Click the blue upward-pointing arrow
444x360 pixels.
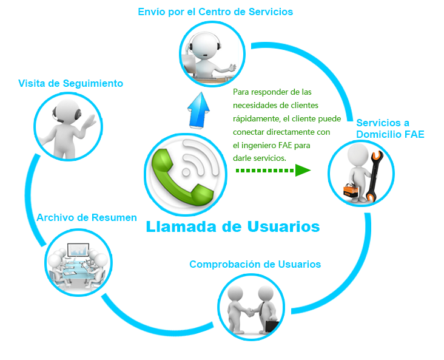[198, 110]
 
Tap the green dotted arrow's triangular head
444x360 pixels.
[303, 171]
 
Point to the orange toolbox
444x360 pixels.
[351, 190]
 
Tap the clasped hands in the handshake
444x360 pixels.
[249, 312]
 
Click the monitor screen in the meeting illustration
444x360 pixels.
[78, 250]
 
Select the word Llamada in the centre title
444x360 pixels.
[181, 226]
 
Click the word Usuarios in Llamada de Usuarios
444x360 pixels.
[283, 226]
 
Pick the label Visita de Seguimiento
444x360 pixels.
[71, 83]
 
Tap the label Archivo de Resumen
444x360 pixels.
[87, 217]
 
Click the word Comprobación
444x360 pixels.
[226, 264]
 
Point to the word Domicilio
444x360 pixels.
[375, 134]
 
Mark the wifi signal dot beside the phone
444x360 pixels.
[186, 172]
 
